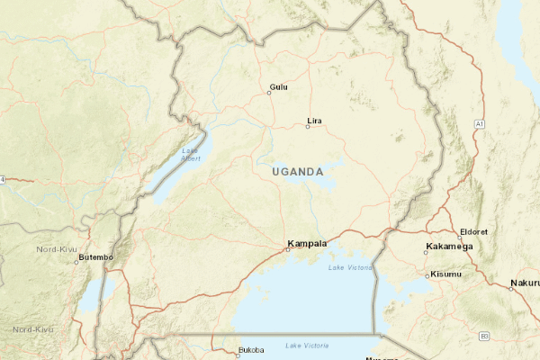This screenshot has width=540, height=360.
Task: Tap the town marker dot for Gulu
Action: pos(269,93)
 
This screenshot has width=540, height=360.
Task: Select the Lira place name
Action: pos(315,121)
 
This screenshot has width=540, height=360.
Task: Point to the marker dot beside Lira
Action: pos(307,127)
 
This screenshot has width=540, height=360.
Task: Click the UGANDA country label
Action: pos(297,171)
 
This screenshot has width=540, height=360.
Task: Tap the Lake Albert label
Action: pos(191,154)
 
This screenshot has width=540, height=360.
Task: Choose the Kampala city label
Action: pos(307,244)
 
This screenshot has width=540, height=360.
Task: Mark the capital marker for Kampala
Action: pos(287,249)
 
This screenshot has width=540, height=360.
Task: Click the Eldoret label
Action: pos(473,231)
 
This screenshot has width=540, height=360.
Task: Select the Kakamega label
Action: pos(448,246)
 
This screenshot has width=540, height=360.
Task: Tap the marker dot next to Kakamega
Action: pos(427,251)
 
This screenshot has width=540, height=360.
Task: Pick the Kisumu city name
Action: pos(446,274)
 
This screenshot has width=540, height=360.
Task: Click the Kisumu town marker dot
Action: pos(427,276)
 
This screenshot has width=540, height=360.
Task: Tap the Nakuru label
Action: pos(526,283)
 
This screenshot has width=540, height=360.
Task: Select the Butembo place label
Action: pos(95,257)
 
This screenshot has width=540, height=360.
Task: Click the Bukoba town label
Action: pos(252,350)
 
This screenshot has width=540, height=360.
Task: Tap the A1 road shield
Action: pos(480,122)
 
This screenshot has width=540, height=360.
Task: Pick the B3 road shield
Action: pos(483,336)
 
